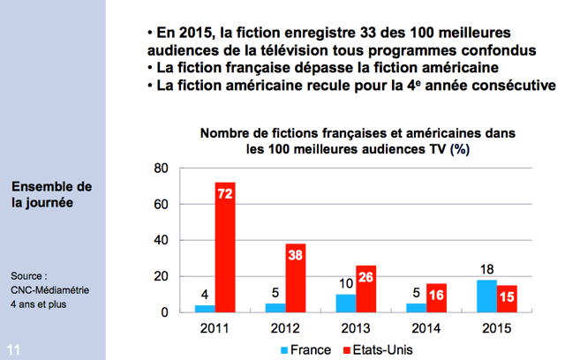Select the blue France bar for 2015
(x=485, y=296)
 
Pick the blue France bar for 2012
(x=275, y=307)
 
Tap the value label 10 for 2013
(x=345, y=285)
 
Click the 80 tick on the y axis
(x=161, y=169)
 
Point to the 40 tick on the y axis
(x=161, y=240)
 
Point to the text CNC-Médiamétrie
(x=50, y=289)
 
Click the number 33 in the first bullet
(x=313, y=33)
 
